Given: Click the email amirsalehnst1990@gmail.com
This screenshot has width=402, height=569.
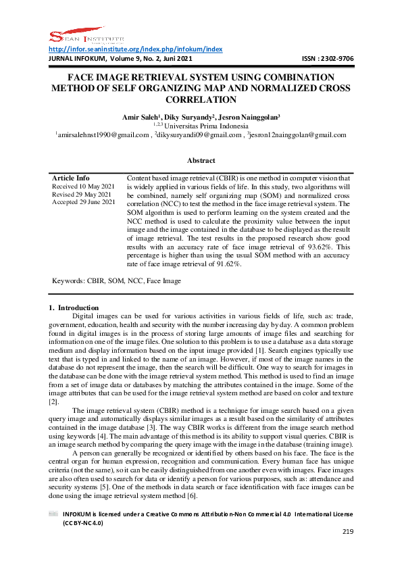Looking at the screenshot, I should pos(102,135).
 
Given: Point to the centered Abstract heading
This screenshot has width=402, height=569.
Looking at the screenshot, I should pos(201,161).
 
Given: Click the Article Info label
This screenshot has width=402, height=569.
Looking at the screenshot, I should pos(71,178).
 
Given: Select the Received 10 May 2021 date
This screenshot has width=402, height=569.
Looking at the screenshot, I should pos(82,186).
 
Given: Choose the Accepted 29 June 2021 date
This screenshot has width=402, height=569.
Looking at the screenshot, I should pos(84,202).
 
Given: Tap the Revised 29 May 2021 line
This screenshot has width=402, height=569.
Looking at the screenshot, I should pos(80,194).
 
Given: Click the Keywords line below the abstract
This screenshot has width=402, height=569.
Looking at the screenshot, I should pos(116,280).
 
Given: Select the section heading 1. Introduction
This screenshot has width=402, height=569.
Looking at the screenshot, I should pos(74,308).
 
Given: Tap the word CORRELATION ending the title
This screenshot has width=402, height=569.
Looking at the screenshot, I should pos(201,100).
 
